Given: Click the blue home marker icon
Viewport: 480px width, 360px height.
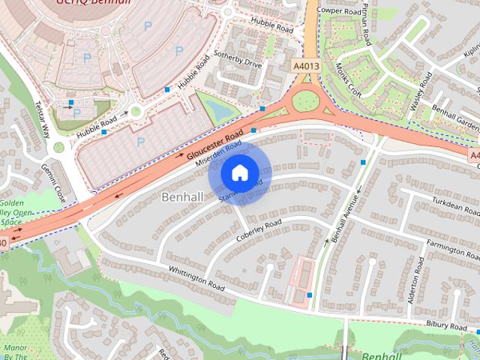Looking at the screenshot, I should pos(238,172).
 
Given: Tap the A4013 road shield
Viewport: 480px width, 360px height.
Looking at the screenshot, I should pos(304,67).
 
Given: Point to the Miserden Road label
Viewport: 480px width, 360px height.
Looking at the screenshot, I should pos(218,152).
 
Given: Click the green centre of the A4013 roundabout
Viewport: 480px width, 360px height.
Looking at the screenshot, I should pos(305,100).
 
